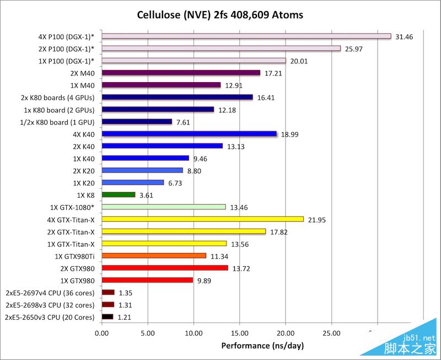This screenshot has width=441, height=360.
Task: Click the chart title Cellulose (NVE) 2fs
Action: [220, 14]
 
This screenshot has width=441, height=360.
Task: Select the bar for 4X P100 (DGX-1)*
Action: [246, 36]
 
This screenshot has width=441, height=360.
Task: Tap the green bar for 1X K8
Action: [119, 195]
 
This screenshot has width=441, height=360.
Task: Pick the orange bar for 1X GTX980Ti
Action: [154, 255]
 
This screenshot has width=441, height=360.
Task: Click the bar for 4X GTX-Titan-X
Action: [202, 219]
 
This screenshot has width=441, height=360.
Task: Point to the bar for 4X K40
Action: [189, 133]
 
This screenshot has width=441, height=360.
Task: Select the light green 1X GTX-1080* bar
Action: [164, 207]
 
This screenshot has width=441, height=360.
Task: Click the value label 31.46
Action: [405, 36]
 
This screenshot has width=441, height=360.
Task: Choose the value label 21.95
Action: [317, 219]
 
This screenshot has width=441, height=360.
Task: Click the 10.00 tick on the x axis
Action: [193, 333]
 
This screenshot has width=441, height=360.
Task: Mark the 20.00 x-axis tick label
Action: [285, 333]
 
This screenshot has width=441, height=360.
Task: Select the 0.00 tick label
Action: [102, 333]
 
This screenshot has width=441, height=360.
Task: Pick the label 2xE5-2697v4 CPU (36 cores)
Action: [50, 292]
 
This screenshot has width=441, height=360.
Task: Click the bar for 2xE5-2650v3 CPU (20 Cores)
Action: [107, 316]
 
